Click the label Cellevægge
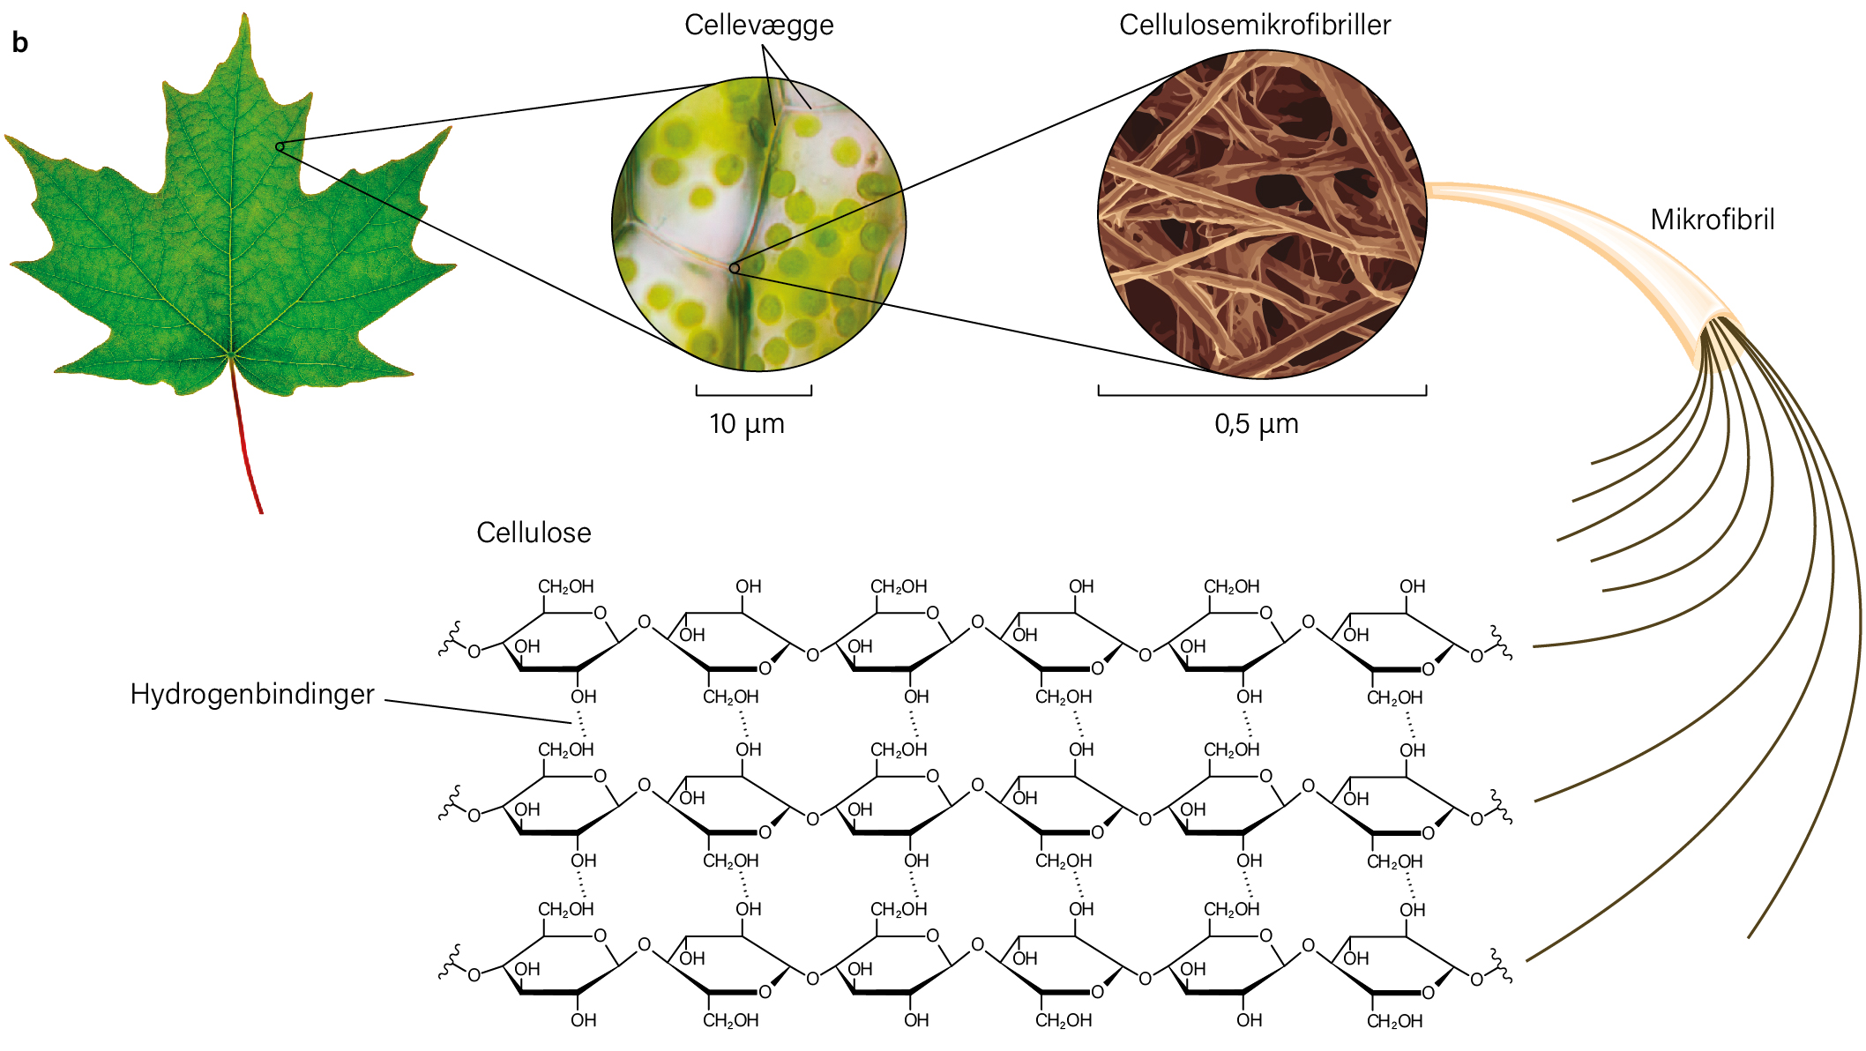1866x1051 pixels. (x=758, y=26)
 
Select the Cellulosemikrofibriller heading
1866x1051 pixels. (x=1255, y=25)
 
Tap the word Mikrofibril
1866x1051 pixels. (x=1713, y=220)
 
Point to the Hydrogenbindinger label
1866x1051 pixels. (x=252, y=695)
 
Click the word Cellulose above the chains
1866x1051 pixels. (x=534, y=533)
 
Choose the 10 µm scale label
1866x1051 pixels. (x=747, y=425)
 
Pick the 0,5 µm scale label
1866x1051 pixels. (x=1257, y=425)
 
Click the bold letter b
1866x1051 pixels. (x=20, y=42)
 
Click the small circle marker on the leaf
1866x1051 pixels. (x=280, y=146)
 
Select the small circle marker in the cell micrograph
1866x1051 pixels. (x=734, y=268)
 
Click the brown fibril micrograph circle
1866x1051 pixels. (x=1262, y=214)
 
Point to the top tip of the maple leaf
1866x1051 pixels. (x=244, y=13)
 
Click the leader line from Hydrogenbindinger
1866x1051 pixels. (x=479, y=712)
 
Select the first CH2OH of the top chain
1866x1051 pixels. (x=566, y=587)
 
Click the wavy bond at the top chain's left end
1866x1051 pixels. (x=452, y=640)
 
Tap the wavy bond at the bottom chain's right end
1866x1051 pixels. (x=1502, y=966)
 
